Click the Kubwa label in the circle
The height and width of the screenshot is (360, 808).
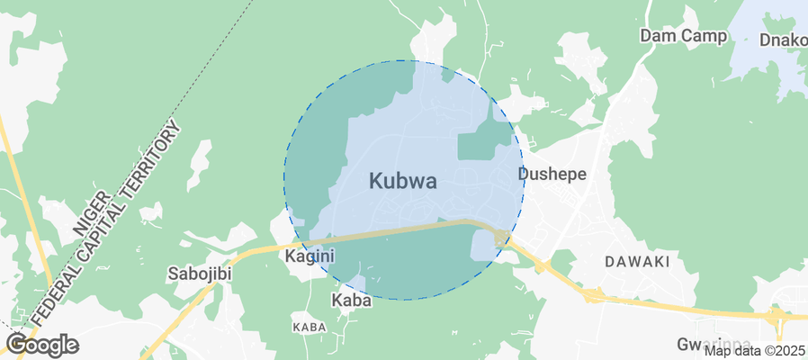click(403, 181)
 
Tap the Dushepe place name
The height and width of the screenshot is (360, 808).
click(552, 174)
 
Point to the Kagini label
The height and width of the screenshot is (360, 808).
click(310, 256)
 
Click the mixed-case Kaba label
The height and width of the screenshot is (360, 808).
click(351, 301)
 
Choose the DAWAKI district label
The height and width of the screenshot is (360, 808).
click(637, 262)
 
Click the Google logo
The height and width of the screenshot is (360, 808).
click(41, 345)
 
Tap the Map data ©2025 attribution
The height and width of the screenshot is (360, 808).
click(754, 351)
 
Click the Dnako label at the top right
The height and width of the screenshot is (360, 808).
click(783, 40)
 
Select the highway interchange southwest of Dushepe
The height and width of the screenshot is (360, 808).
click(500, 238)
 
